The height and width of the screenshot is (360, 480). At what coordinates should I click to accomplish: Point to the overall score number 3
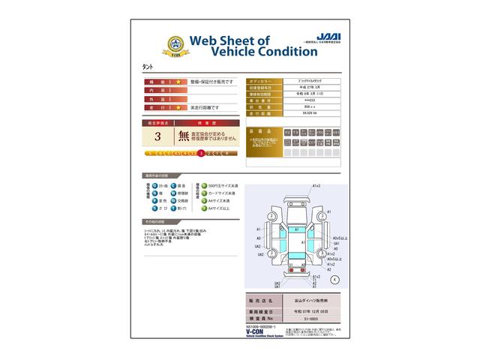pos(157,137)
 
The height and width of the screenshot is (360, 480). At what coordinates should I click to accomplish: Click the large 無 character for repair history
pos(184,137)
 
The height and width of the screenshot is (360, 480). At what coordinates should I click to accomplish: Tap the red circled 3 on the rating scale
pos(201,153)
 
